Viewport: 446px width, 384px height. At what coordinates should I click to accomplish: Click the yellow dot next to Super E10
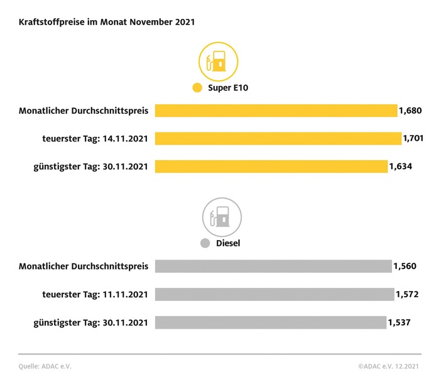197,88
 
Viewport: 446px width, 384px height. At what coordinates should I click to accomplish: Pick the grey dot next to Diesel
204,243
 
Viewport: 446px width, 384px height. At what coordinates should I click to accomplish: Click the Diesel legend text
228,243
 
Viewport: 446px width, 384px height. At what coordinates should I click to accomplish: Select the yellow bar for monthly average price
276,111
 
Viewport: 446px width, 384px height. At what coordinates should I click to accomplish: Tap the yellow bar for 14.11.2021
278,138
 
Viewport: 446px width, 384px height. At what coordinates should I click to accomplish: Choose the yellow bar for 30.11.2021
271,167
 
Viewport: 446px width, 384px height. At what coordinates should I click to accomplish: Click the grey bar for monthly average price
273,266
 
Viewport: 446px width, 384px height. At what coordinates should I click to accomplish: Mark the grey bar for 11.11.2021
274,294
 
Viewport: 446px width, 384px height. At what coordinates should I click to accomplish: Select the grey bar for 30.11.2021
270,322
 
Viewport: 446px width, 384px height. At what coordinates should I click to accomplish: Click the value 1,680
410,111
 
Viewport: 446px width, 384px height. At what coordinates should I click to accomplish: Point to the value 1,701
413,138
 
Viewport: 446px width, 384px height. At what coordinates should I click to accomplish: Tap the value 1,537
400,322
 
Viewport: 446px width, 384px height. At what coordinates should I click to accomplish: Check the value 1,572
407,294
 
